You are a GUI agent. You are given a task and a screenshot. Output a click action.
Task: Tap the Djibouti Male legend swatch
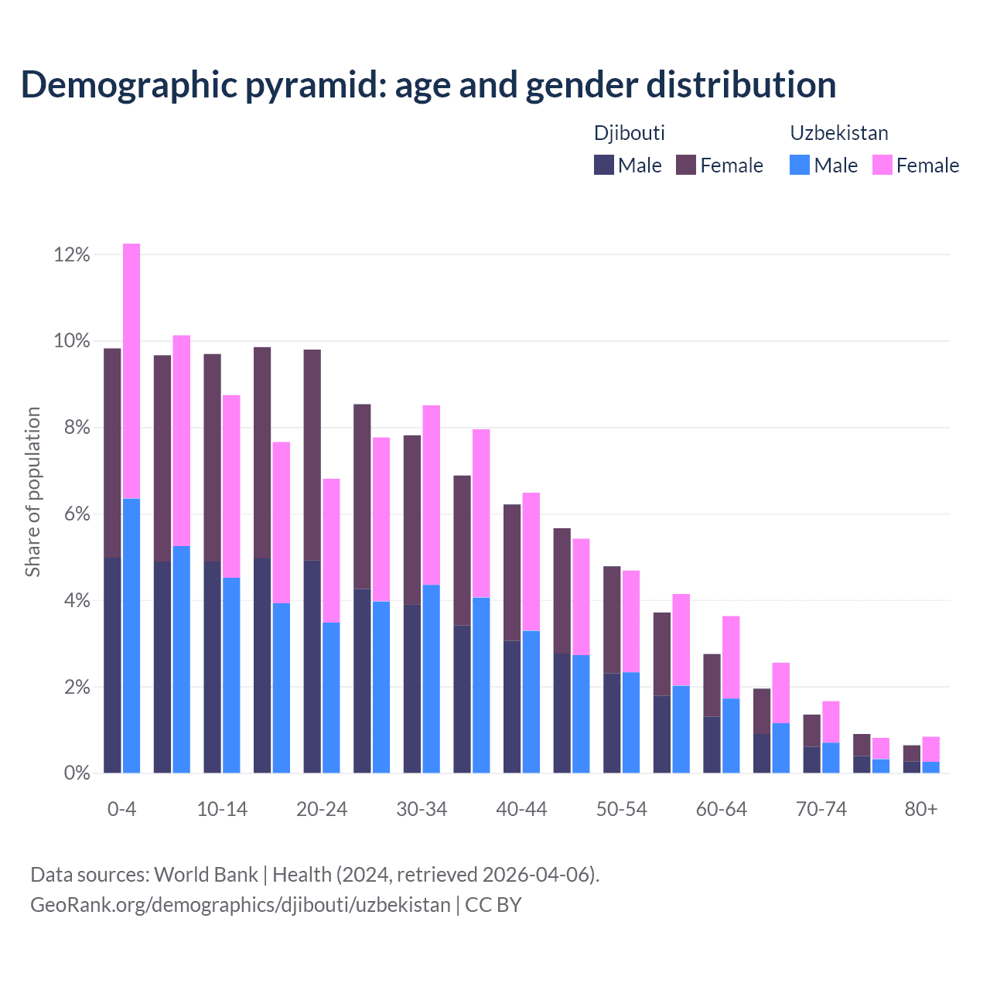pos(603,165)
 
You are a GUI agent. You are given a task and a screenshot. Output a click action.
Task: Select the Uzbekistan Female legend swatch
pos(882,165)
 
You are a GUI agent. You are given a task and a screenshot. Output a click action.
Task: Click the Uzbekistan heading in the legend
pos(838,133)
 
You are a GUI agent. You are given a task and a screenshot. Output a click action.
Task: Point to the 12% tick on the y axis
pos(72,254)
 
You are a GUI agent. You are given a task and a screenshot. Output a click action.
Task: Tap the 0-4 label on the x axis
pos(122,809)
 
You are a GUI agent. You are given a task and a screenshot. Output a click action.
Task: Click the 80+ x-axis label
pos(921,809)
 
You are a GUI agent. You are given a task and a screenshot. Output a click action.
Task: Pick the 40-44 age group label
pos(521,809)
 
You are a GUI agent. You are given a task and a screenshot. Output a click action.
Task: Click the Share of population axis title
pos(32,492)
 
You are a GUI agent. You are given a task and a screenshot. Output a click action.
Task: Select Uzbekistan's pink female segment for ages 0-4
pos(131,371)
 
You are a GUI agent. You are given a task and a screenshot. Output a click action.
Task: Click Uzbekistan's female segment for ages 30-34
pos(431,495)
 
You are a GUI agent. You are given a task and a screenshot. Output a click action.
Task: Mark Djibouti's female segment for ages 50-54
pos(612,620)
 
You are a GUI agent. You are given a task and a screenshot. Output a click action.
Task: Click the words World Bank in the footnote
pos(206,875)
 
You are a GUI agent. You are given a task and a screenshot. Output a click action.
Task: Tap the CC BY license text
pos(493,905)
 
